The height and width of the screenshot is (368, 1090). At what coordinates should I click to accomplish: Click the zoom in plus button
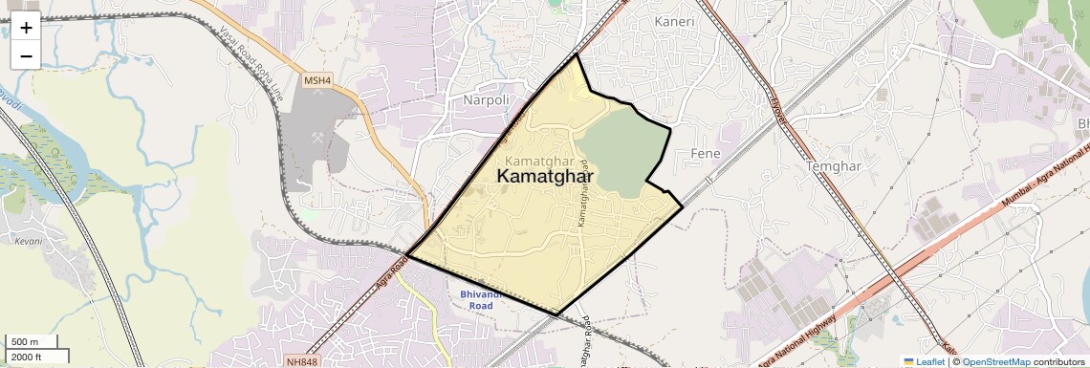click(26, 28)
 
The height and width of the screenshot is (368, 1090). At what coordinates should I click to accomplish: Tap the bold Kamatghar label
click(545, 177)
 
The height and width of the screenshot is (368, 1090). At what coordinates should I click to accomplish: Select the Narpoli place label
click(487, 99)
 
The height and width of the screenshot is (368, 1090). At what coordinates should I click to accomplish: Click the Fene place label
click(704, 153)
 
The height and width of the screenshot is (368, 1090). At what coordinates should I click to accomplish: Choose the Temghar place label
click(834, 166)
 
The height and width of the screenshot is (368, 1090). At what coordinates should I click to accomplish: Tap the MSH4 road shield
click(316, 81)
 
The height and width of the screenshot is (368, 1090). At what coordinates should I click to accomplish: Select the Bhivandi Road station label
click(488, 299)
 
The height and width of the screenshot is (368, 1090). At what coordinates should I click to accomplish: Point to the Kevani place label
click(29, 241)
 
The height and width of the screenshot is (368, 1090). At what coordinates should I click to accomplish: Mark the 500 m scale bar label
click(26, 342)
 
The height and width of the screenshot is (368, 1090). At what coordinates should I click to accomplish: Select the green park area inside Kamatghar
click(621, 148)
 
